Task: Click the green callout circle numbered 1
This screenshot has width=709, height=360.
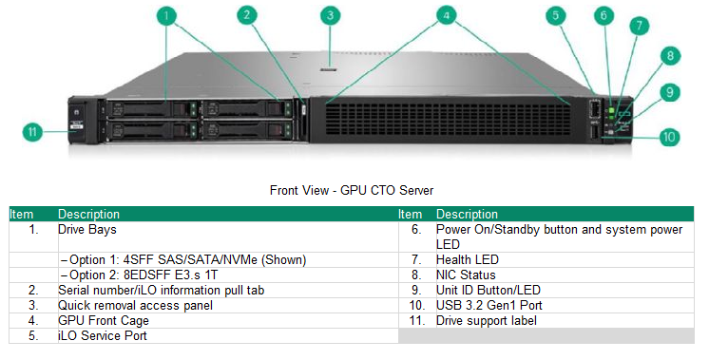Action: pyautogui.click(x=168, y=15)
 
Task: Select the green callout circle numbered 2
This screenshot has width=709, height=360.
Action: pyautogui.click(x=247, y=15)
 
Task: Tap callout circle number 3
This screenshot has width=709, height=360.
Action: pyautogui.click(x=330, y=15)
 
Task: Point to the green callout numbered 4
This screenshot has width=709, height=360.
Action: pyautogui.click(x=447, y=15)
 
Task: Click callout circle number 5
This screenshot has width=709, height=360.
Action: pyautogui.click(x=557, y=15)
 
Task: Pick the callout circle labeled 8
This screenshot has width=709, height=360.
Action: pyautogui.click(x=671, y=56)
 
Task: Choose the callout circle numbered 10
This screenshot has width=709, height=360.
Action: pyautogui.click(x=669, y=137)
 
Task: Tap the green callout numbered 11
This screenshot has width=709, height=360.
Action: pyautogui.click(x=32, y=132)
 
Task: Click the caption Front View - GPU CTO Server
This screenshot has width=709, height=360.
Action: pyautogui.click(x=353, y=191)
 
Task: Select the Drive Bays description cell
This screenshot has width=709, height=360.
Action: pyautogui.click(x=88, y=229)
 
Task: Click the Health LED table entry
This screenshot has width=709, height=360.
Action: pyautogui.click(x=467, y=259)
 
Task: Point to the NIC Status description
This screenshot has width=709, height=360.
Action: pyautogui.click(x=466, y=275)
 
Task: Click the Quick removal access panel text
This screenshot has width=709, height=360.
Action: pyautogui.click(x=135, y=305)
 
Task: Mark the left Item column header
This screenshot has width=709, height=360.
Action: pyautogui.click(x=21, y=215)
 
